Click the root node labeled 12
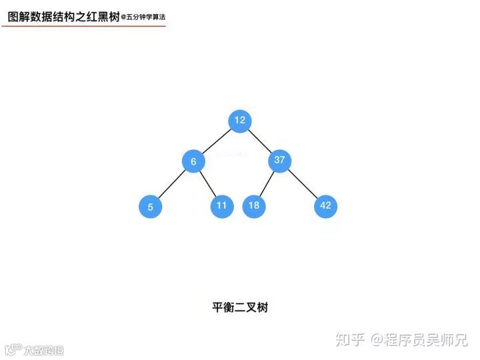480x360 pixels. point(240,121)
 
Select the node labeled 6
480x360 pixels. point(193,161)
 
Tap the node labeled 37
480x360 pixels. point(279,160)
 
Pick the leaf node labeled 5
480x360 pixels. point(150,207)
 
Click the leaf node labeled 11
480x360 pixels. point(221,205)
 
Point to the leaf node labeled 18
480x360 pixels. point(253,205)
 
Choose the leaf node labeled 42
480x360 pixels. point(325,205)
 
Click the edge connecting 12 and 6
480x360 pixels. point(217,141)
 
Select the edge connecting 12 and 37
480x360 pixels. point(260,141)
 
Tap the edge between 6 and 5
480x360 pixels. point(171,184)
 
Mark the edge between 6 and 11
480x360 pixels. point(207,183)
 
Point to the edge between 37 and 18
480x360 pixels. point(266,183)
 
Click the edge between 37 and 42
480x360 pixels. point(302,183)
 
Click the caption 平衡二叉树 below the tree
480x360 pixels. point(240,307)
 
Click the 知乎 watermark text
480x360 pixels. point(351,340)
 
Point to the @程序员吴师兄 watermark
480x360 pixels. point(420,340)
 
